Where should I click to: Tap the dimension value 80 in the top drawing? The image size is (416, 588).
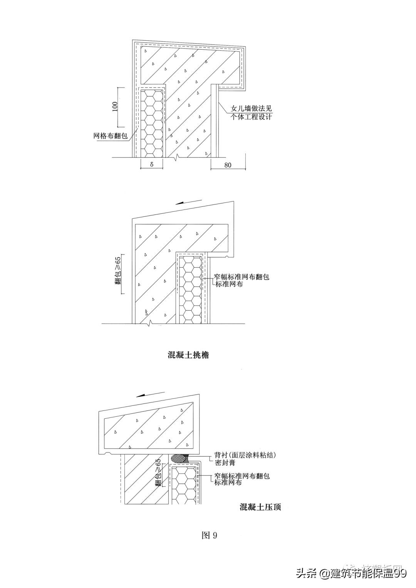(228, 165)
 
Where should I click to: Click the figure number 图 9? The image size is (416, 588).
(210, 535)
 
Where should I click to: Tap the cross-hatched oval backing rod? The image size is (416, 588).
(179, 458)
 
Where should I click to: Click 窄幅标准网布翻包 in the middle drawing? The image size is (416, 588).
(242, 277)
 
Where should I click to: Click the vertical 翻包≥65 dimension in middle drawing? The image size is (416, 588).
(118, 274)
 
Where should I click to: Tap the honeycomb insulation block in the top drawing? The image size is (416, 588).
(152, 122)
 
